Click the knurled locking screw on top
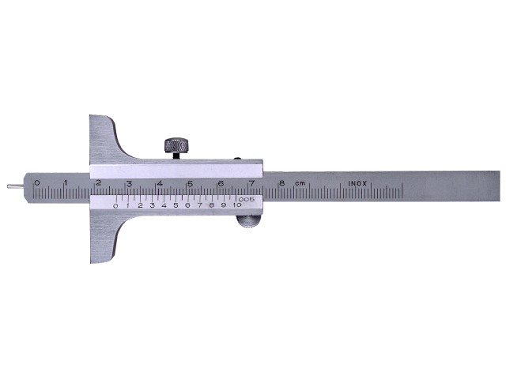pos(177,145)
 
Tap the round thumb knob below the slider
pos(247,222)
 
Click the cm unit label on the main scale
pos(300,183)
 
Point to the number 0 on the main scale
pos(36,182)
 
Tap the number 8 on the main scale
pos(281,183)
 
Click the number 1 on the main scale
pos(66,182)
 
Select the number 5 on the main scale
pos(190,183)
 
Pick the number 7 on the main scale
pos(251,183)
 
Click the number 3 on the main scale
pos(128,183)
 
